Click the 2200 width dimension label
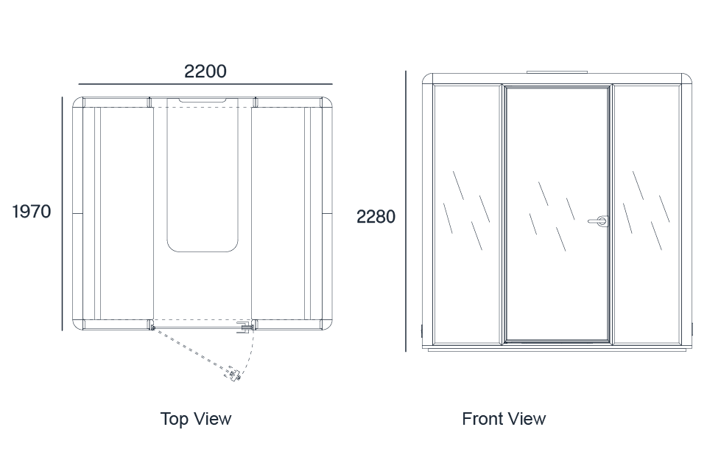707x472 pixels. [205, 72]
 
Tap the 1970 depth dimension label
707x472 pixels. [31, 212]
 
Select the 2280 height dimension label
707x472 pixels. [376, 217]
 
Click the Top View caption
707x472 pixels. [196, 419]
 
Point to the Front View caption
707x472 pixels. [504, 419]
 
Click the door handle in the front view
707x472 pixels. [598, 221]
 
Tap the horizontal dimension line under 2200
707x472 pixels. [205, 84]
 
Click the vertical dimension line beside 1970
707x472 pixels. [62, 213]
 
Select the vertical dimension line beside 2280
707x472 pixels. [405, 211]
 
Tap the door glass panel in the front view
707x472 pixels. [557, 214]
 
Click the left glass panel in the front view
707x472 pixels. [467, 214]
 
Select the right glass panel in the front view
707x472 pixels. [647, 214]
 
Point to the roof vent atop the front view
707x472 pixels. [557, 72]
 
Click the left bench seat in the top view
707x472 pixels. [127, 213]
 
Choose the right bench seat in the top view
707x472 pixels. [278, 213]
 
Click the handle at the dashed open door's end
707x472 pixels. [234, 375]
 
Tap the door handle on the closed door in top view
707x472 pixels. [245, 327]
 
